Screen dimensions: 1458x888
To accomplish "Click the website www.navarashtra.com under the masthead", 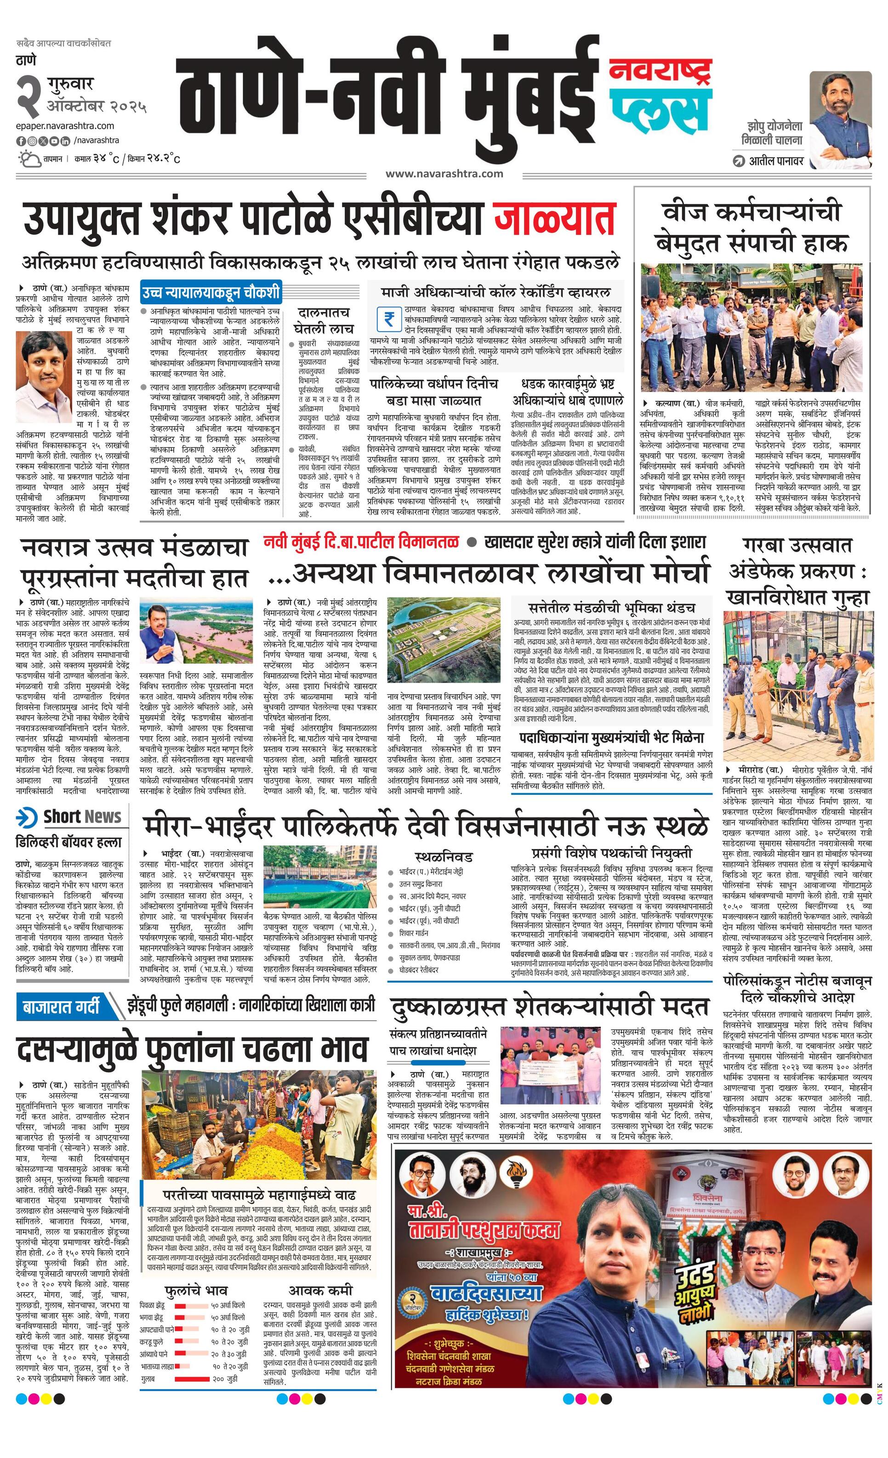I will pyautogui.click(x=444, y=173).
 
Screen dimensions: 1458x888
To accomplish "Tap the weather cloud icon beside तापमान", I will pyautogui.click(x=27, y=159).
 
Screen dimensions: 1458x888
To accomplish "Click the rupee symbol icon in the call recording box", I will pyautogui.click(x=389, y=319).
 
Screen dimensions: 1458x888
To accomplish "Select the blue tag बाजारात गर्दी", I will pyautogui.click(x=62, y=1007).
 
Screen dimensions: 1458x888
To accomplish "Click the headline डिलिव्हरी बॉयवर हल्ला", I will pyautogui.click(x=68, y=842).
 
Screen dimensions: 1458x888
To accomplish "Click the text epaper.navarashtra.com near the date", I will pyautogui.click(x=65, y=125).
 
